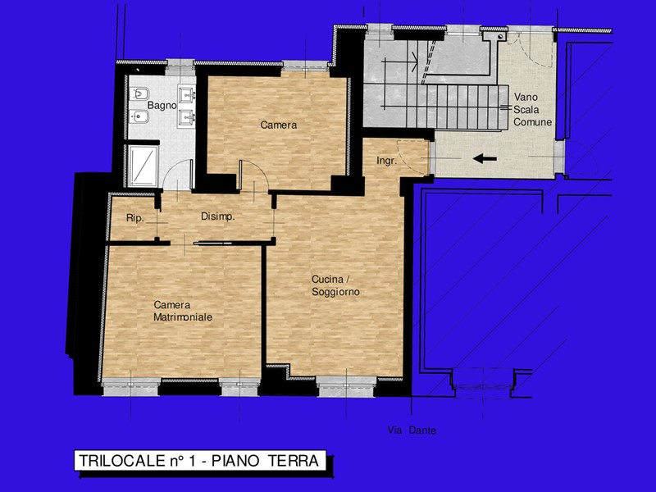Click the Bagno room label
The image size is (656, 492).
pos(162,106)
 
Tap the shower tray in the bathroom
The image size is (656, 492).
pos(143,166)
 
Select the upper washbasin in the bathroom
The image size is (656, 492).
pos(186,93)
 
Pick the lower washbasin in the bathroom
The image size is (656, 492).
pos(186,116)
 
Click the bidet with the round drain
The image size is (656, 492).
pos(139,116)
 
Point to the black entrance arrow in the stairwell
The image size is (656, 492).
pos(485,158)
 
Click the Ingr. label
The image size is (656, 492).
pos(386,161)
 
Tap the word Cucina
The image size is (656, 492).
pos(326,280)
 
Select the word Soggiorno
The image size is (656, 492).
pos(335,292)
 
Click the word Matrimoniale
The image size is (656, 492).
pos(183,317)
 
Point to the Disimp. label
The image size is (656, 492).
pos(217,216)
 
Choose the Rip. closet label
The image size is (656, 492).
pos(135,218)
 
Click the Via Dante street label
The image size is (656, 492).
pos(412,430)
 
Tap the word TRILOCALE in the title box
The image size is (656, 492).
pos(122,461)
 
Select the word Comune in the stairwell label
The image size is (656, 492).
pos(532,122)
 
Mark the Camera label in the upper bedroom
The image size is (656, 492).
pos(279,125)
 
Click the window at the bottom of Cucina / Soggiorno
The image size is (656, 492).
pos(345,385)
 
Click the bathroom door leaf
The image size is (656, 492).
pos(192,175)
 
